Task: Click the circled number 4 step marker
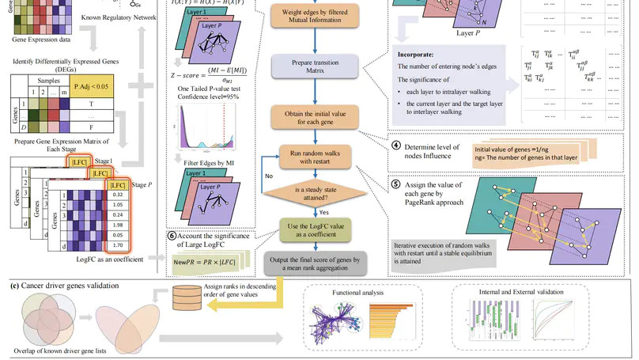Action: (x=396, y=146)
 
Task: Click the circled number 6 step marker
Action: (x=172, y=234)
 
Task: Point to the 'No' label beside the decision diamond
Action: (x=247, y=176)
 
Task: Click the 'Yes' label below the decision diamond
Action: (x=323, y=213)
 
